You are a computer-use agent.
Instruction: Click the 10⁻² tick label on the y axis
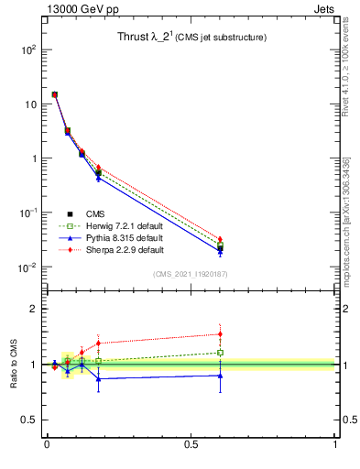pyautogui.click(x=27, y=267)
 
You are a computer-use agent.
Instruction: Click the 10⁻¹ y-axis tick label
pyautogui.click(x=27, y=213)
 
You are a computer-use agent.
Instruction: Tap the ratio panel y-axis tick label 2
pyautogui.click(x=34, y=309)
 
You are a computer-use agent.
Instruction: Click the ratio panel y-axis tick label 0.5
pyautogui.click(x=30, y=420)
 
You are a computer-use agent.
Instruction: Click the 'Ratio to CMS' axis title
pyautogui.click(x=14, y=365)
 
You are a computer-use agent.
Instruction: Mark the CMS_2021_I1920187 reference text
pyautogui.click(x=191, y=274)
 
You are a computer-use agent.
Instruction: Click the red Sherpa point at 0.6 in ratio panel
pyautogui.click(x=220, y=333)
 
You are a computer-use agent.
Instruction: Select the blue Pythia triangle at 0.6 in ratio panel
pyautogui.click(x=220, y=375)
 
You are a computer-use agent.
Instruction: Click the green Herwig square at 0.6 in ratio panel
pyautogui.click(x=220, y=352)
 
